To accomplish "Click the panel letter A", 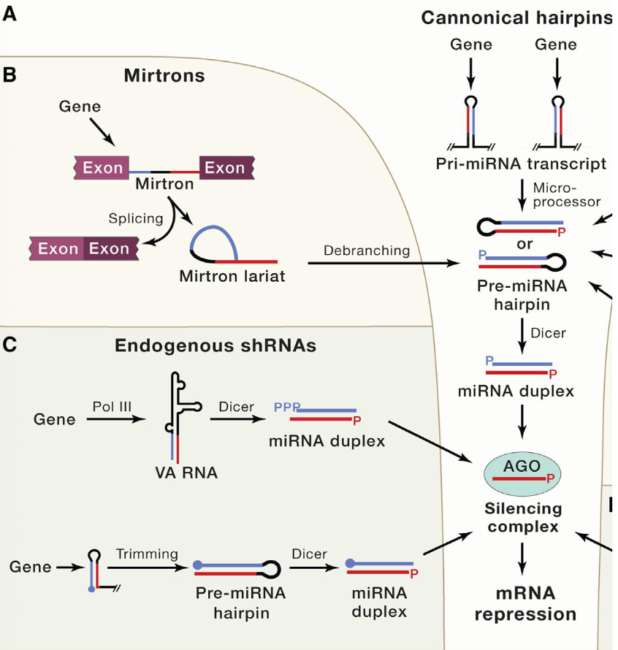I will [x=10, y=14].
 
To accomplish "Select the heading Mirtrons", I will [x=164, y=75].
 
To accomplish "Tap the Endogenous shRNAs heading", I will [x=215, y=346].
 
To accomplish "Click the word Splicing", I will [x=134, y=218].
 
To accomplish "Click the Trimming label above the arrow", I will [x=146, y=554].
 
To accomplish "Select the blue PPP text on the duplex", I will [x=286, y=407].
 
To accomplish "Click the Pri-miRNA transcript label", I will [x=521, y=164].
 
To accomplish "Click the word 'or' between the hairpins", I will [x=524, y=244].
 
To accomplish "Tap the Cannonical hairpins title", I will [x=516, y=18].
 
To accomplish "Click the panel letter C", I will [x=10, y=344].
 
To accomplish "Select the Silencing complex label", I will [x=522, y=517].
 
